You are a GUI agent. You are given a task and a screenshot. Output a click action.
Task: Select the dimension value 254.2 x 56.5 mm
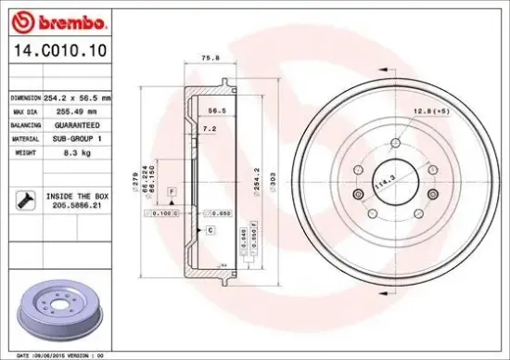click(x=79, y=97)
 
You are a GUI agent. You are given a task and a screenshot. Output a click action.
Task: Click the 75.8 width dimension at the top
click(x=210, y=58)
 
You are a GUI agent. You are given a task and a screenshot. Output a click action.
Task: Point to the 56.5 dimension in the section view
click(x=217, y=109)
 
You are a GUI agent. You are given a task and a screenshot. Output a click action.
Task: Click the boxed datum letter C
click(x=210, y=228)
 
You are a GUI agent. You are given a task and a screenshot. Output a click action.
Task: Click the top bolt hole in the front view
click(x=395, y=142)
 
